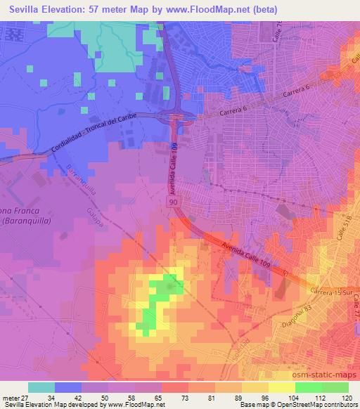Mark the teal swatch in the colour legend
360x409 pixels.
41,387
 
